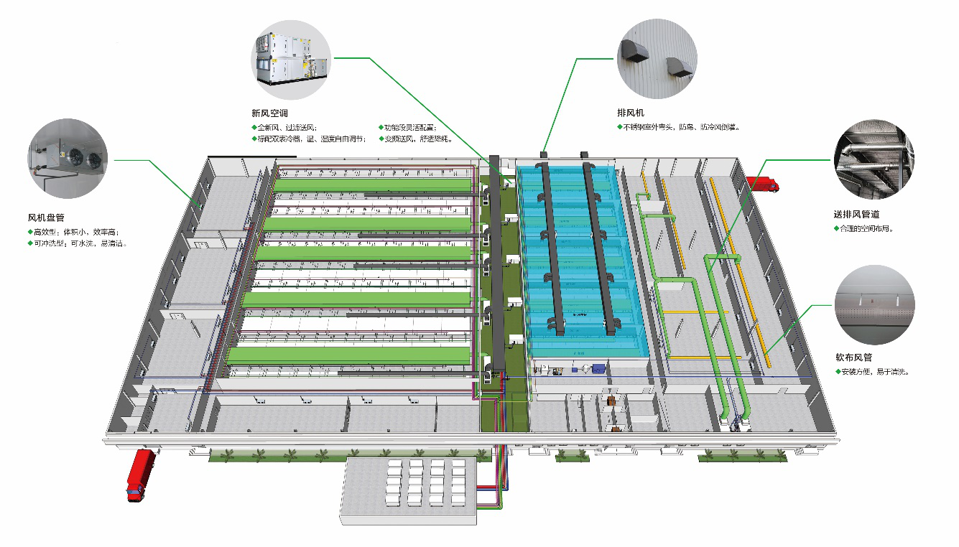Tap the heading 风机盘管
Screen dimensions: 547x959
(46, 218)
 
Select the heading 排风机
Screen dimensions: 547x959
(631, 113)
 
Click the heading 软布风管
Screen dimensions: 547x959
(853, 357)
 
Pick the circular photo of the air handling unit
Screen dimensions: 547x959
(290, 57)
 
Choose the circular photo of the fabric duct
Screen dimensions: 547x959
(874, 304)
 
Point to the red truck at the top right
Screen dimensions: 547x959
(762, 184)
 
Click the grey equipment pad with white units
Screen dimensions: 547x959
(409, 487)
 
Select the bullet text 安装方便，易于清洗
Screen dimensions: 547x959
(875, 372)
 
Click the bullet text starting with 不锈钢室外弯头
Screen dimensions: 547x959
(682, 127)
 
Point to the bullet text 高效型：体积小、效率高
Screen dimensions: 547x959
(75, 231)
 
